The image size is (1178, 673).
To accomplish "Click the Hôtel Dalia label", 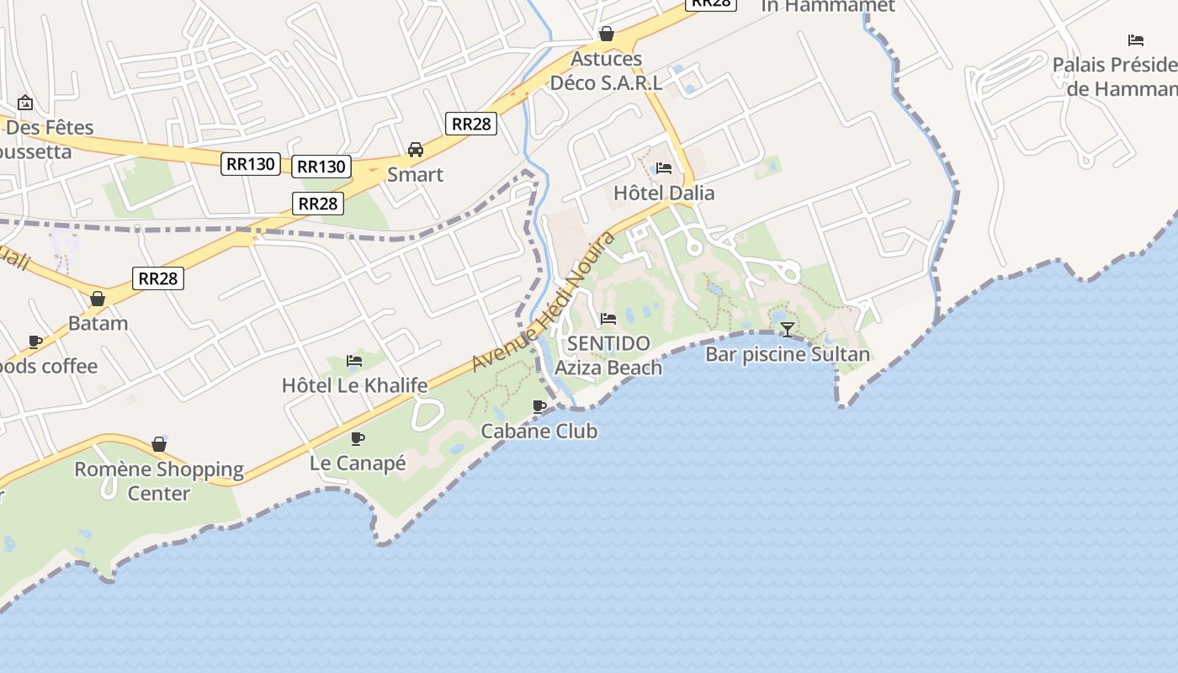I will [x=664, y=193].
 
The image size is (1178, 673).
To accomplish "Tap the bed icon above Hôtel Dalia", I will [x=664, y=167].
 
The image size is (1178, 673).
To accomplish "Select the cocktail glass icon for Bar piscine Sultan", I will [x=787, y=329].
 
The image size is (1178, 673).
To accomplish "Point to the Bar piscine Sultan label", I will [x=787, y=354].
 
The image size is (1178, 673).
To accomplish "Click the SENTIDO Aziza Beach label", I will [x=608, y=355].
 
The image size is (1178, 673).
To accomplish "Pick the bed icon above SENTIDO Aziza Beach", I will [x=608, y=319].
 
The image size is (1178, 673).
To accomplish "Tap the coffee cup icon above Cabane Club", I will [x=539, y=406].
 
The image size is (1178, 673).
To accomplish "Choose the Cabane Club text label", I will [x=539, y=431].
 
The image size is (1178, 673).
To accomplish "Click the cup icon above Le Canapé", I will [x=358, y=438].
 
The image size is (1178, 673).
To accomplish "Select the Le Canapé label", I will [x=358, y=463].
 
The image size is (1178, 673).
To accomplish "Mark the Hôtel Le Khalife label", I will [x=354, y=385].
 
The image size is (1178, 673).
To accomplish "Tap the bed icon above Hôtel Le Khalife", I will [x=354, y=361].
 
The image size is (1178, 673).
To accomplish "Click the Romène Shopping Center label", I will [x=159, y=480].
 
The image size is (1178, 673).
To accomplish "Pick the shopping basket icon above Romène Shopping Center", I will [x=159, y=443].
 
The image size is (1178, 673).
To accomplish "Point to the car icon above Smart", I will [x=415, y=150].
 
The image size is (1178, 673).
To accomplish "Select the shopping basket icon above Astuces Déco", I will [x=606, y=34].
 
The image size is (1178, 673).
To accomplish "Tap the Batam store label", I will [x=98, y=323].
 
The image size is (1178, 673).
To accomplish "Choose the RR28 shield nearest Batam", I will [x=158, y=278].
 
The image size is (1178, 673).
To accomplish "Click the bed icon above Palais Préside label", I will [x=1136, y=40].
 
